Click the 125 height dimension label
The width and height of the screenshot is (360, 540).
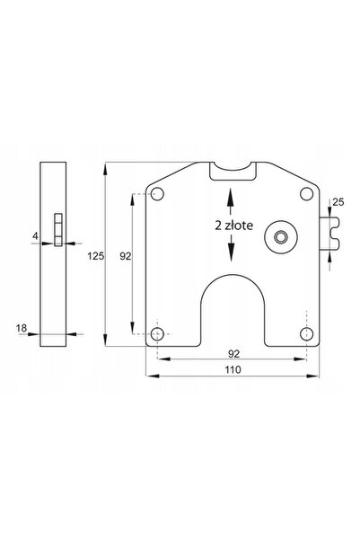pyautogui.click(x=95, y=256)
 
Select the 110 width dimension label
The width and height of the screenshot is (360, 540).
pyautogui.click(x=233, y=369)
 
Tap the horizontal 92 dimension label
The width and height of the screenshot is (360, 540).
pyautogui.click(x=233, y=354)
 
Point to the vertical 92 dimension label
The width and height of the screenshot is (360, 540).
pyautogui.click(x=126, y=256)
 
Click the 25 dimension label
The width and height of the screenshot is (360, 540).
pyautogui.click(x=338, y=202)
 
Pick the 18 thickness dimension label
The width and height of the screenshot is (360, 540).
pyautogui.click(x=22, y=328)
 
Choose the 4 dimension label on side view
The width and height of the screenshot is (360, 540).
pyautogui.click(x=35, y=236)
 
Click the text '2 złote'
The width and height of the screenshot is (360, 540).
pyautogui.click(x=234, y=226)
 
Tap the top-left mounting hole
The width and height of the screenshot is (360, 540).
pyautogui.click(x=158, y=194)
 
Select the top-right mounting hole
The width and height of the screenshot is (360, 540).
pyautogui.click(x=306, y=194)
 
